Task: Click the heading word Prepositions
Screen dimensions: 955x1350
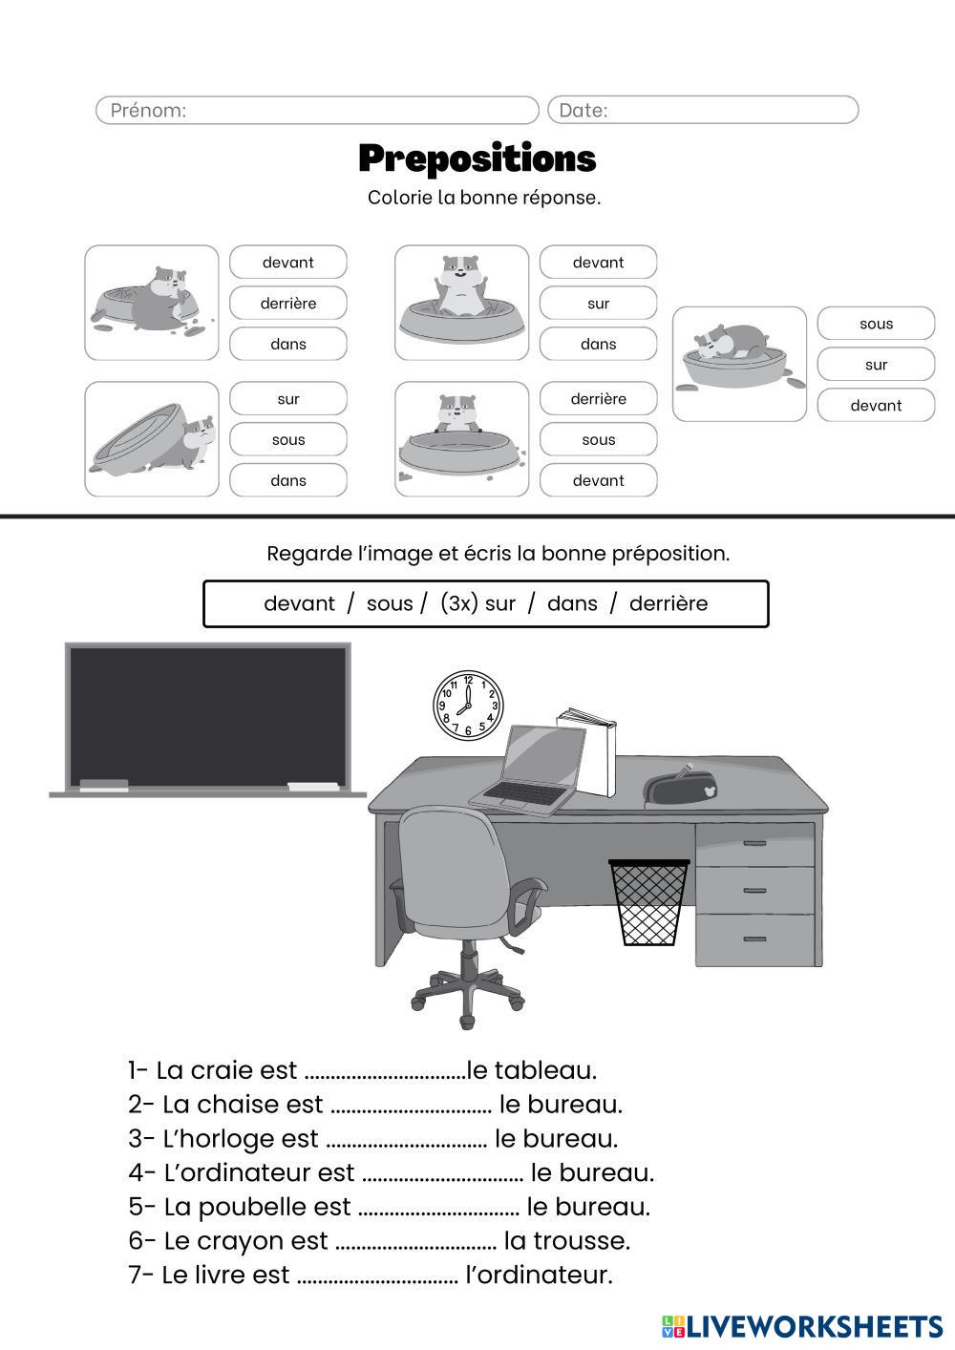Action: [477, 158]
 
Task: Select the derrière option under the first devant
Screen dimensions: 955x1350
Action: [288, 304]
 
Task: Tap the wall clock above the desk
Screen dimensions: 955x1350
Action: [468, 707]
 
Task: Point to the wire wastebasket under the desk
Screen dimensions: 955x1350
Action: [649, 902]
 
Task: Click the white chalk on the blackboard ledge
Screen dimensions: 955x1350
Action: [312, 787]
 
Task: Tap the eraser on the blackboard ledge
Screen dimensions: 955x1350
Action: [104, 785]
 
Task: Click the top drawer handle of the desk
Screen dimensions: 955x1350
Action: [754, 843]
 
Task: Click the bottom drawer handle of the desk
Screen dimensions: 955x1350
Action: [754, 939]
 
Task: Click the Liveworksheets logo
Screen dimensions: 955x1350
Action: [802, 1326]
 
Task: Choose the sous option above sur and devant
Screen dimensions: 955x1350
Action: [876, 324]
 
